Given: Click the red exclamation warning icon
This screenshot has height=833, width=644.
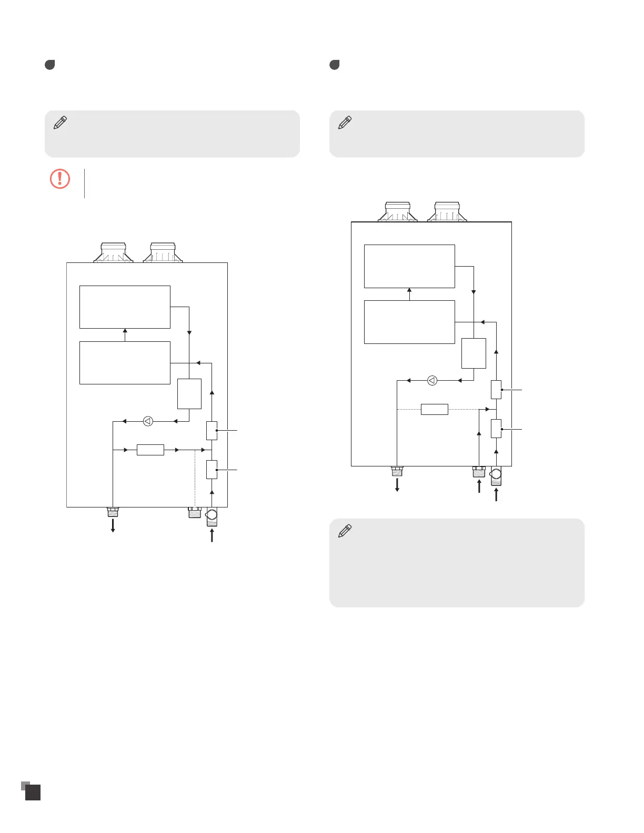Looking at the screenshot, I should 60,179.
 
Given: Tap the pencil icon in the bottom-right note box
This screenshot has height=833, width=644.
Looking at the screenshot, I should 345,531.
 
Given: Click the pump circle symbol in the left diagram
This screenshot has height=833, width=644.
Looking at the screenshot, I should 148,421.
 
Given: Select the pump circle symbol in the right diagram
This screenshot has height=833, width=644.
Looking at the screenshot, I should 432,380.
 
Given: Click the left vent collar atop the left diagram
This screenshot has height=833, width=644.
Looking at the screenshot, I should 114,252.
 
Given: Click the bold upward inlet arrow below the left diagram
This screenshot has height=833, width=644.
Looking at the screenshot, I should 212,535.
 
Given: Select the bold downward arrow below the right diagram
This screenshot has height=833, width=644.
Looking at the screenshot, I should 397,484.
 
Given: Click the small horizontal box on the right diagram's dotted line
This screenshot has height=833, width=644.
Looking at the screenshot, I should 435,409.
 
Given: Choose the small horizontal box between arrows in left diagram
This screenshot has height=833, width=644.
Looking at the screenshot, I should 150,450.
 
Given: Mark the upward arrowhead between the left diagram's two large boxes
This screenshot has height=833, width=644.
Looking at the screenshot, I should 125,331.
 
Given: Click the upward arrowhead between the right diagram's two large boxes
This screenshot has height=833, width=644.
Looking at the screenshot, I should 409,290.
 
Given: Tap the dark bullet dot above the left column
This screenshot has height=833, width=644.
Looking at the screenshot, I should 50,65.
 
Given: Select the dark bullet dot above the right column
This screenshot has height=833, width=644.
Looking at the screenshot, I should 335,65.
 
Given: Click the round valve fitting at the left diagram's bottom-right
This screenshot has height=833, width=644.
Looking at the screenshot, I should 212,515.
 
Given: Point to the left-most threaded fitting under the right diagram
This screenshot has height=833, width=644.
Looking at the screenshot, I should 397,471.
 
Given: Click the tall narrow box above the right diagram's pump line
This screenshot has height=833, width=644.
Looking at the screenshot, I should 474,353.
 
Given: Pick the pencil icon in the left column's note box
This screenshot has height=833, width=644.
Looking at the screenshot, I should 61,123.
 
